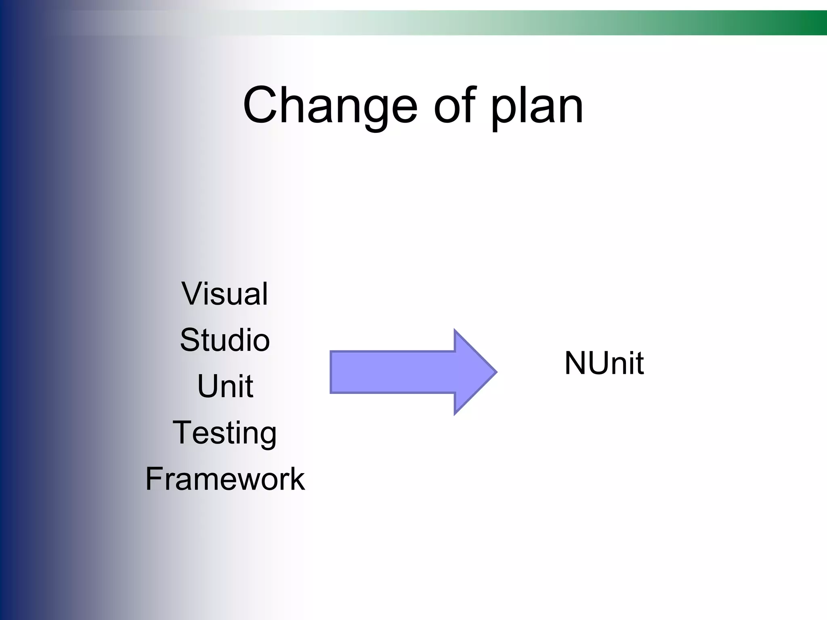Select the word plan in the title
537,107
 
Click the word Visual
225,293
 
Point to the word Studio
225,340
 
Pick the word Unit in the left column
225,386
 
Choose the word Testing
225,433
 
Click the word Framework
225,479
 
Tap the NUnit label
604,363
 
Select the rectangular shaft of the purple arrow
392,372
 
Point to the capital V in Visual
191,293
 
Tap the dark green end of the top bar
816,23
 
